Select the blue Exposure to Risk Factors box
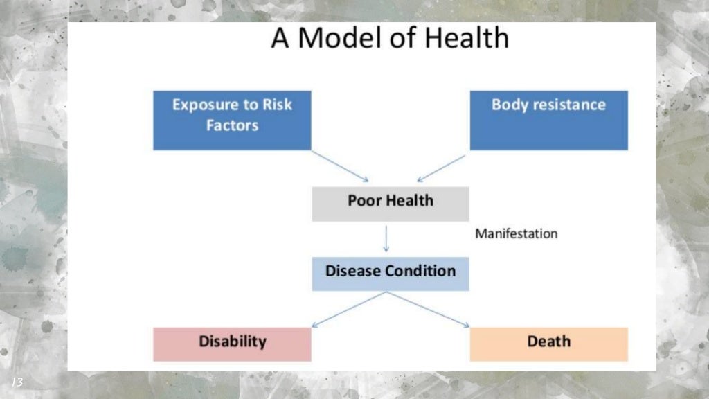(232, 120)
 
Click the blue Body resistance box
(548, 120)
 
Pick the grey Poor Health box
(390, 204)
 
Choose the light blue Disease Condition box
(390, 273)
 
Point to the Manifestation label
(516, 233)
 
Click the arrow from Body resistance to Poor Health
(442, 168)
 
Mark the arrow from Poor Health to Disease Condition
(386, 239)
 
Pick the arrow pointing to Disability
(348, 309)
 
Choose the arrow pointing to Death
(428, 309)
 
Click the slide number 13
(17, 382)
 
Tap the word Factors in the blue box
(232, 126)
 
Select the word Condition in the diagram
(420, 271)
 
